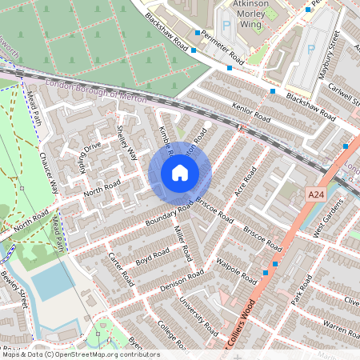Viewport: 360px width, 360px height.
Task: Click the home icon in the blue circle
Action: pyautogui.click(x=180, y=172)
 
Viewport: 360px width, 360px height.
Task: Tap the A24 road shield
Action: pyautogui.click(x=316, y=194)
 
